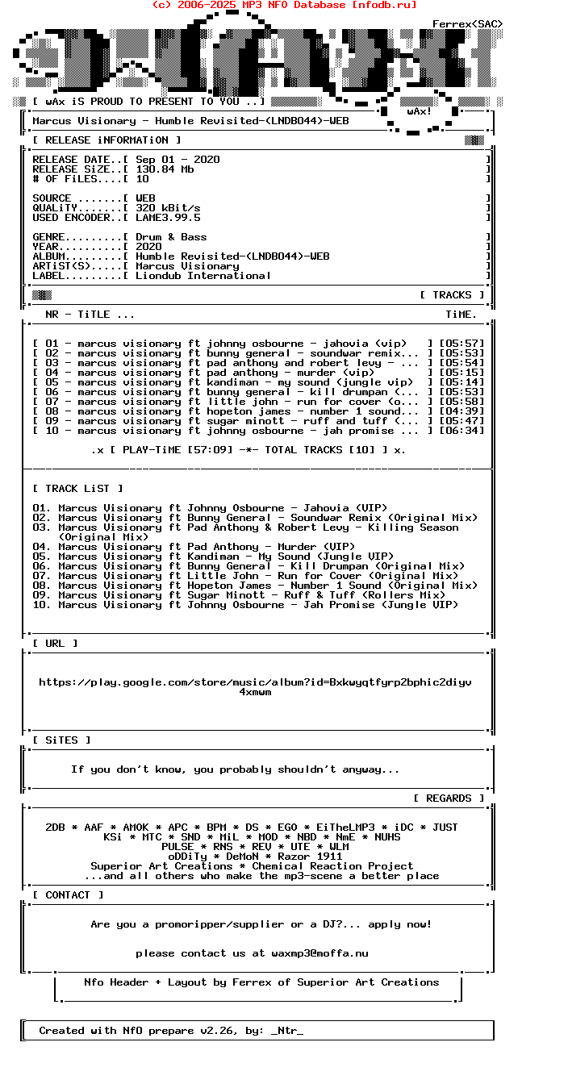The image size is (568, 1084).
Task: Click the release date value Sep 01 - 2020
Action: pyautogui.click(x=177, y=160)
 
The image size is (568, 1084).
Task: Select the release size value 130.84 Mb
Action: pyautogui.click(x=165, y=169)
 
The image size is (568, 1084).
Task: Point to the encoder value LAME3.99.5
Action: pyautogui.click(x=168, y=218)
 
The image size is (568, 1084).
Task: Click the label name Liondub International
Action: pyautogui.click(x=203, y=276)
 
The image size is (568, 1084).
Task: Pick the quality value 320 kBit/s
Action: pyautogui.click(x=168, y=208)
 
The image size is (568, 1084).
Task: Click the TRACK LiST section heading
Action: pyautogui.click(x=77, y=489)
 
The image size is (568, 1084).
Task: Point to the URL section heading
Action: pyautogui.click(x=55, y=644)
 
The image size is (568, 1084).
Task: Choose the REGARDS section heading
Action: pyautogui.click(x=449, y=798)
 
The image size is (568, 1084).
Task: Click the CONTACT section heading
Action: pyautogui.click(x=68, y=895)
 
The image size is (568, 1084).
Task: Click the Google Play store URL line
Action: pyautogui.click(x=255, y=682)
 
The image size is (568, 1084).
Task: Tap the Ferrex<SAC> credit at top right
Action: pyautogui.click(x=468, y=24)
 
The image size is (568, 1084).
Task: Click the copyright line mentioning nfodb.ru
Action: pyautogui.click(x=284, y=5)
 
